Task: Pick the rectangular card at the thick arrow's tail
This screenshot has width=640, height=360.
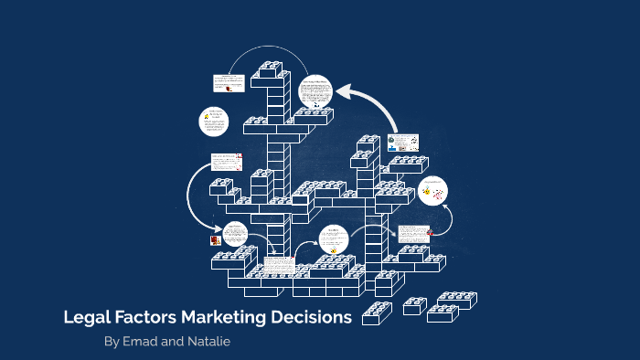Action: pos(402,143)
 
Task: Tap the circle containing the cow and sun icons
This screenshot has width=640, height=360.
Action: pos(435,190)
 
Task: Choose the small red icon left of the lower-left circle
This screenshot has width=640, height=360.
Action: pos(214,240)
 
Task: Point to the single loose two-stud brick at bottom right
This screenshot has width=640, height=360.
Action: pos(415,305)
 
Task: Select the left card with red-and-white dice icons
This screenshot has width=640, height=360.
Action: pos(228,163)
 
